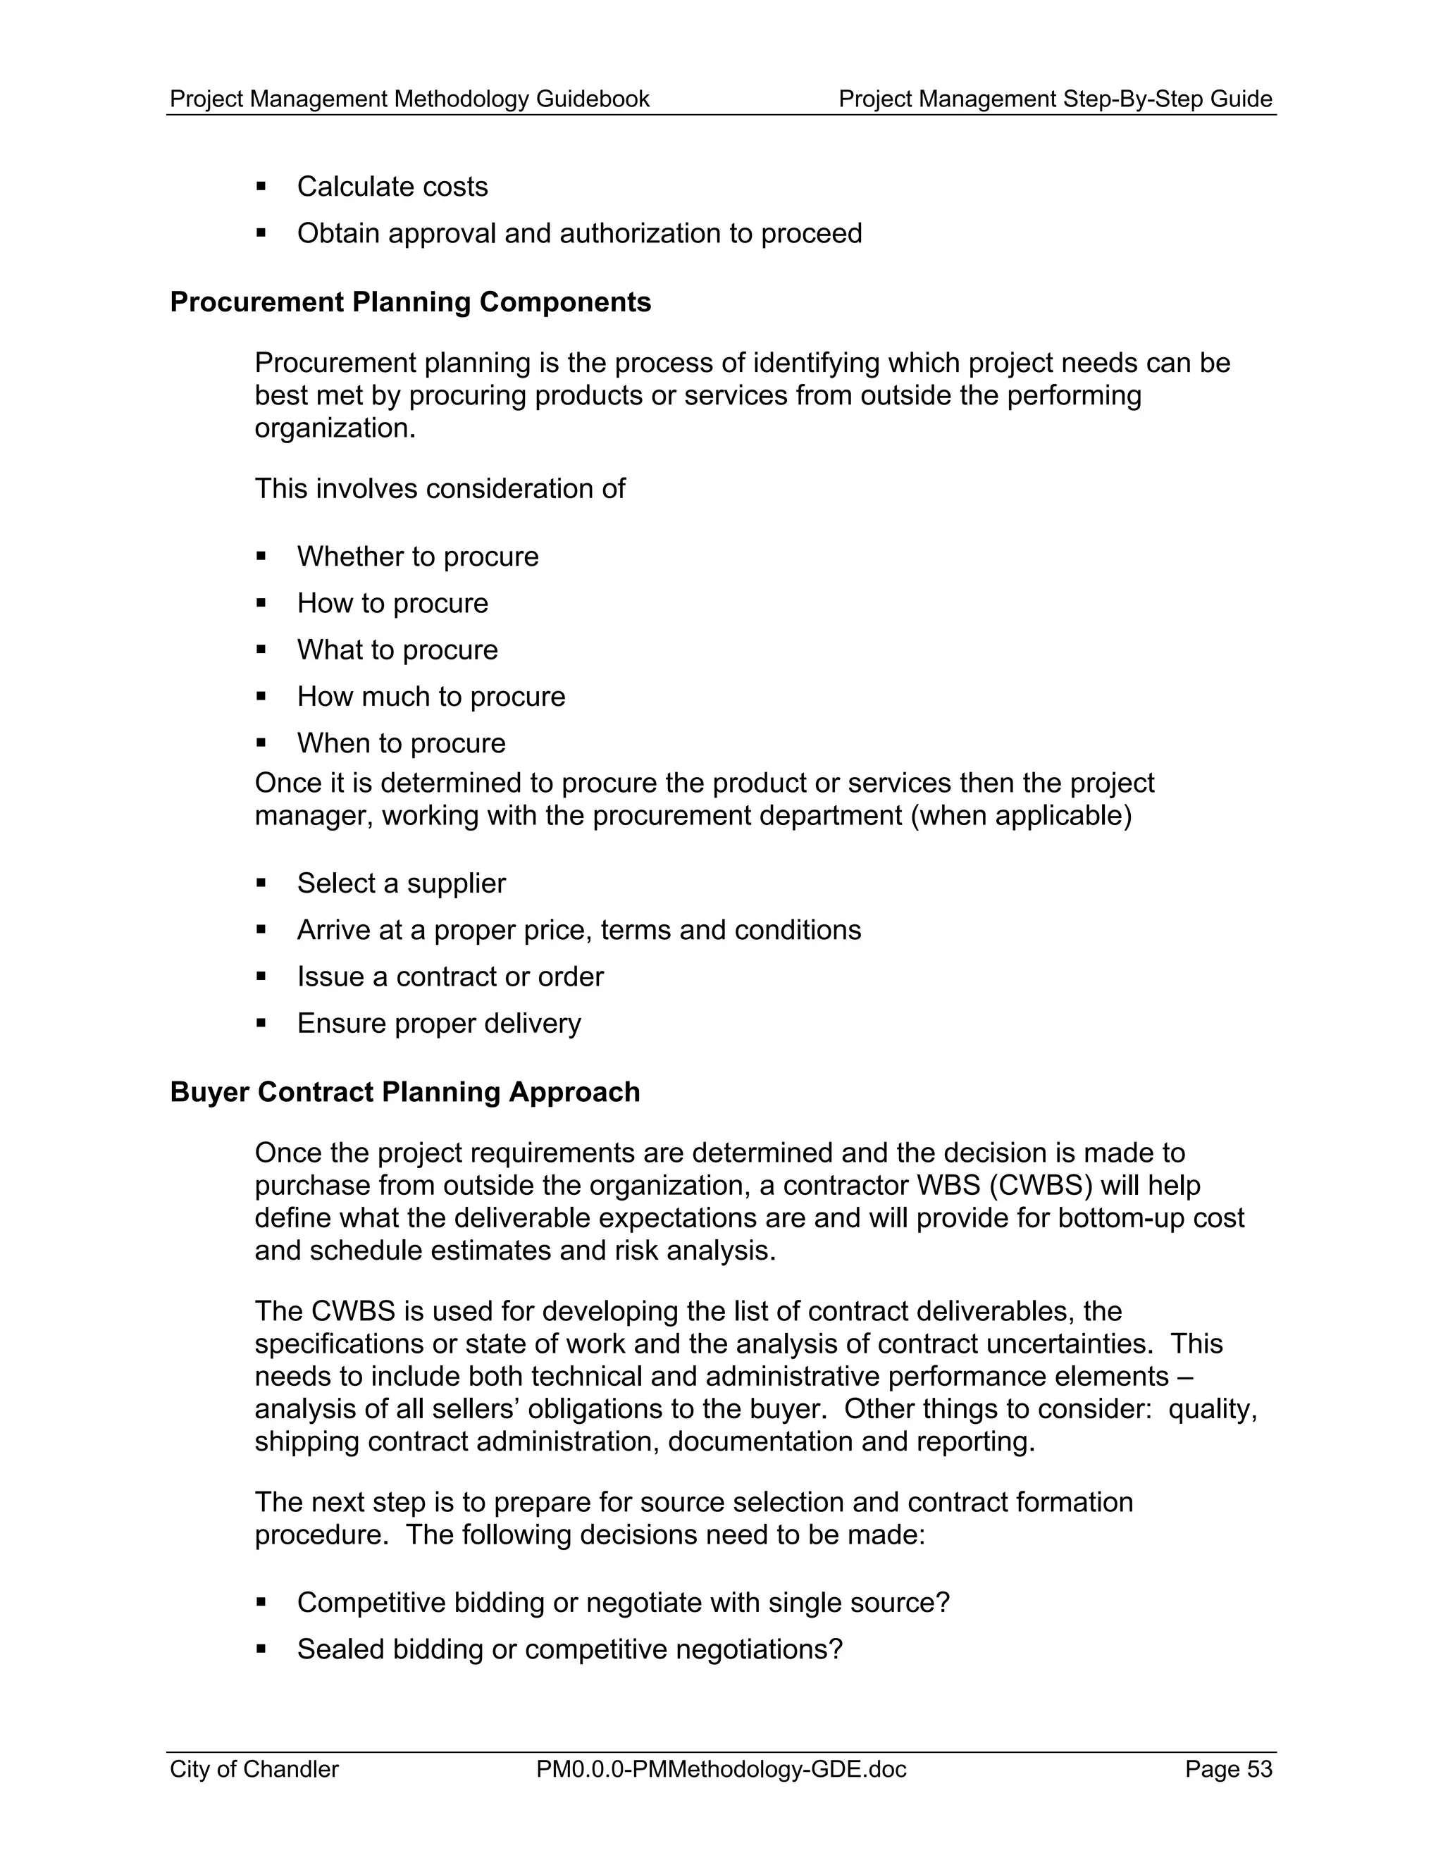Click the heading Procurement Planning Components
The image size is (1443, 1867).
click(410, 303)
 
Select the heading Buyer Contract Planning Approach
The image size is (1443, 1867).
click(404, 1093)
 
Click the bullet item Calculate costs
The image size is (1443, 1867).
click(392, 187)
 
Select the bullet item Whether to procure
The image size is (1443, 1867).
click(417, 557)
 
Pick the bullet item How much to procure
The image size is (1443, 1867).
click(431, 697)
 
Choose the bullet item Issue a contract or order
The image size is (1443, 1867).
click(450, 977)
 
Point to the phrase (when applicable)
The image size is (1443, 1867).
click(1021, 817)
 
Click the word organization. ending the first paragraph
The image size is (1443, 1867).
click(335, 429)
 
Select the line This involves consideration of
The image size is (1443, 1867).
click(440, 490)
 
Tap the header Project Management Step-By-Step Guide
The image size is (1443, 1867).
click(1055, 100)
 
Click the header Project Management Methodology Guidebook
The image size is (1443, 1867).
click(409, 100)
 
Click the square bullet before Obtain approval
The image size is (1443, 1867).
click(261, 232)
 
